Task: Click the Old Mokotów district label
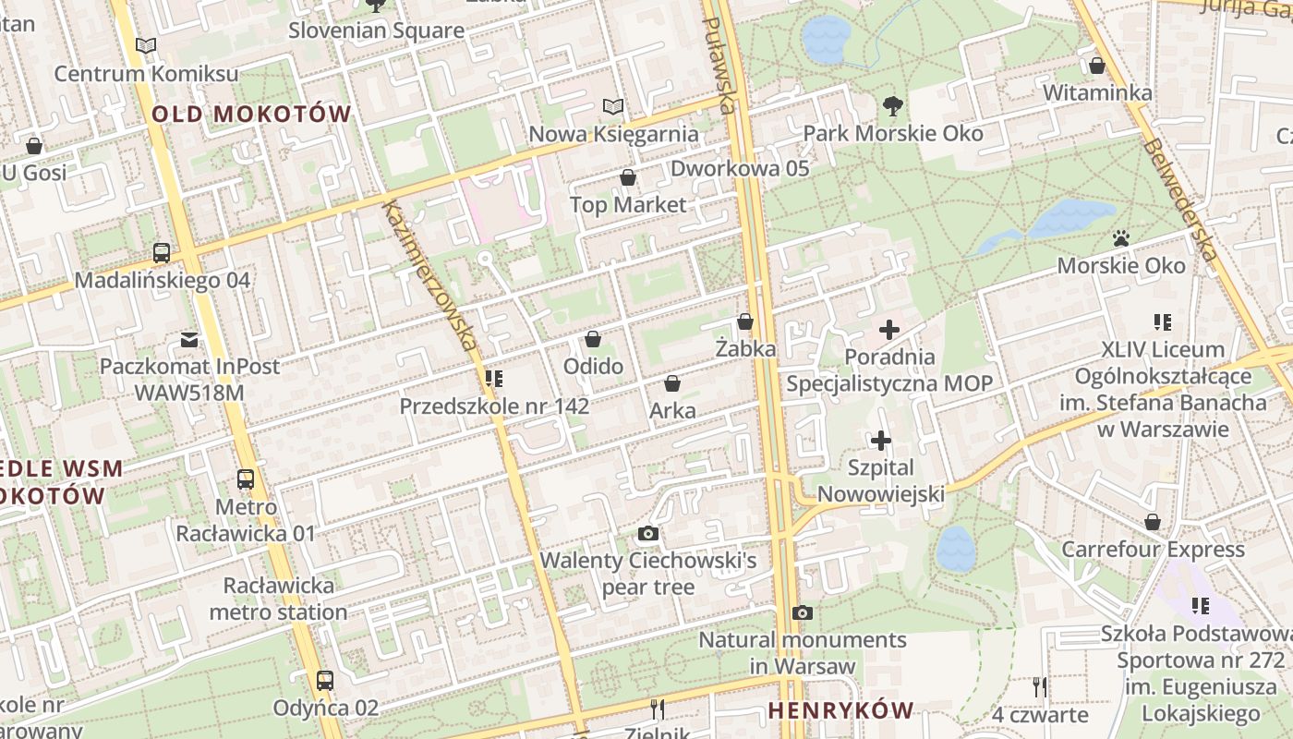point(251,115)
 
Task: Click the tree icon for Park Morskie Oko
point(892,106)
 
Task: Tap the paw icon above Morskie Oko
point(1121,238)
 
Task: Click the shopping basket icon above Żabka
point(745,321)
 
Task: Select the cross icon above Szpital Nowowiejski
point(881,440)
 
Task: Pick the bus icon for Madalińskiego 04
point(162,252)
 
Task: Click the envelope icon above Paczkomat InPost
point(189,339)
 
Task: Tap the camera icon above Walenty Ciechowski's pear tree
point(648,533)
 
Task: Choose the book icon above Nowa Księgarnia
point(612,106)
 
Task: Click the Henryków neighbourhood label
point(840,710)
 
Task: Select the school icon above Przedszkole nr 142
point(494,378)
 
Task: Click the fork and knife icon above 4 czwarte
point(1040,686)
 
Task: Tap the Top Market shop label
point(628,204)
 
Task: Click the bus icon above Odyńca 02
point(325,681)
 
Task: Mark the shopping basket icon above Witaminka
point(1097,66)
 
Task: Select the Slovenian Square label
point(376,30)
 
